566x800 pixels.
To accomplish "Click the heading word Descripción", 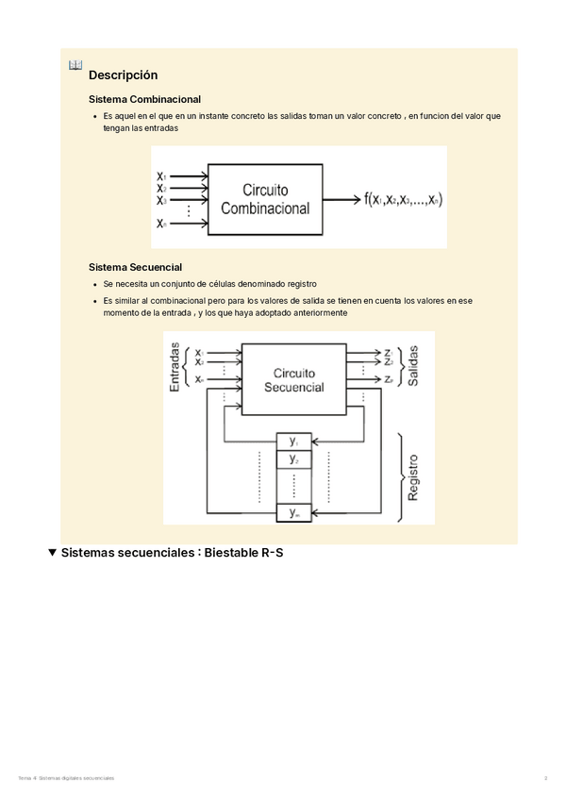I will coord(123,75).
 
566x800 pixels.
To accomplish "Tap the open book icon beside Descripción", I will coord(75,65).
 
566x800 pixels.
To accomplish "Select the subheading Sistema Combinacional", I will coord(144,99).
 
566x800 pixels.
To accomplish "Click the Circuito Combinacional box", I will coord(265,199).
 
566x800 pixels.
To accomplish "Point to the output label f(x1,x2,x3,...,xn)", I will coord(403,199).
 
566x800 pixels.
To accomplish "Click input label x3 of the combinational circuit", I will coord(161,200).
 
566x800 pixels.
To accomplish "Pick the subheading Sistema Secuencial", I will coord(135,267).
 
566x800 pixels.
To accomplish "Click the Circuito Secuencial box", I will coord(294,379).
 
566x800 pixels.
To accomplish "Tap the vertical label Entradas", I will coord(175,367).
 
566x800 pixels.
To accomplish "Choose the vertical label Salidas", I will coord(413,365).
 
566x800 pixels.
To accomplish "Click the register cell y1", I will coord(294,442).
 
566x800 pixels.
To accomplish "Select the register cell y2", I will coord(294,459).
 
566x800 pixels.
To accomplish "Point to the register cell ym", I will coord(294,513).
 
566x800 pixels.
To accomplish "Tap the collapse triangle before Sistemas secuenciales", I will coord(53,553).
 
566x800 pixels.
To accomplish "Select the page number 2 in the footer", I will coord(545,777).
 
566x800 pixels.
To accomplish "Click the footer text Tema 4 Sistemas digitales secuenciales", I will coord(66,777).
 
